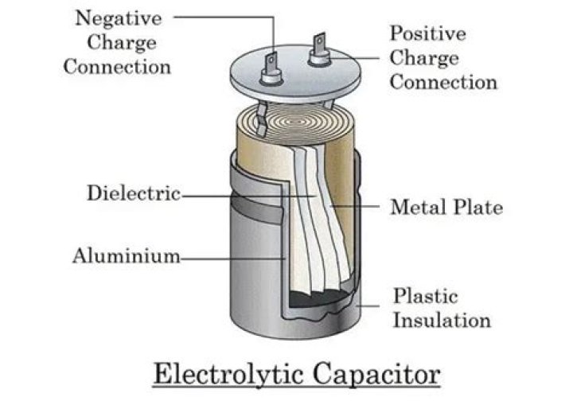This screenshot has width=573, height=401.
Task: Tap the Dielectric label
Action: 133,193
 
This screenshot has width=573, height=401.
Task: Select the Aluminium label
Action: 126,256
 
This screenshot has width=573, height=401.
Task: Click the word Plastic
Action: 426,296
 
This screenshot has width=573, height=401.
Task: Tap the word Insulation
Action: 442,321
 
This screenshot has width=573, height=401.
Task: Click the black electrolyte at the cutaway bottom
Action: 318,300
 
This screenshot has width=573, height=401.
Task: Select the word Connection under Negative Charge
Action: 117,66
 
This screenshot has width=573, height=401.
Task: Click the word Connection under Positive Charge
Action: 443,83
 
